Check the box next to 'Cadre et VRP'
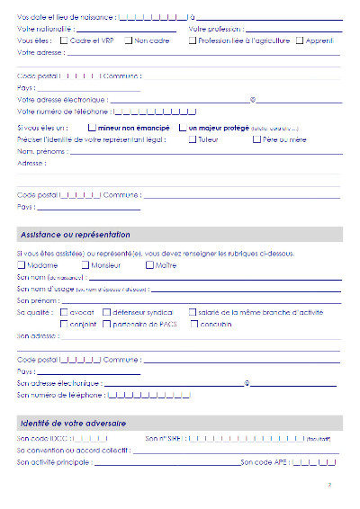(64, 41)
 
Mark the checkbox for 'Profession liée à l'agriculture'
(193, 41)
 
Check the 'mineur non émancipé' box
(92, 129)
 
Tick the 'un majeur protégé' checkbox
(183, 129)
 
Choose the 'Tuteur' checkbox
(193, 139)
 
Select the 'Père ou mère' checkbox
(256, 139)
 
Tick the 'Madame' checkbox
(22, 265)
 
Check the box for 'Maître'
(150, 265)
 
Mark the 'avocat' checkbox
(64, 312)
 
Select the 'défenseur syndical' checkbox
(106, 312)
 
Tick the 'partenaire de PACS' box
(106, 323)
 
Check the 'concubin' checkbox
(194, 323)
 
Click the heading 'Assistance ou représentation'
(75, 235)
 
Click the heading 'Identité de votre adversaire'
(72, 423)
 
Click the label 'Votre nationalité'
(43, 30)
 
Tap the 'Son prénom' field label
(38, 300)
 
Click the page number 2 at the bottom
(330, 486)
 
